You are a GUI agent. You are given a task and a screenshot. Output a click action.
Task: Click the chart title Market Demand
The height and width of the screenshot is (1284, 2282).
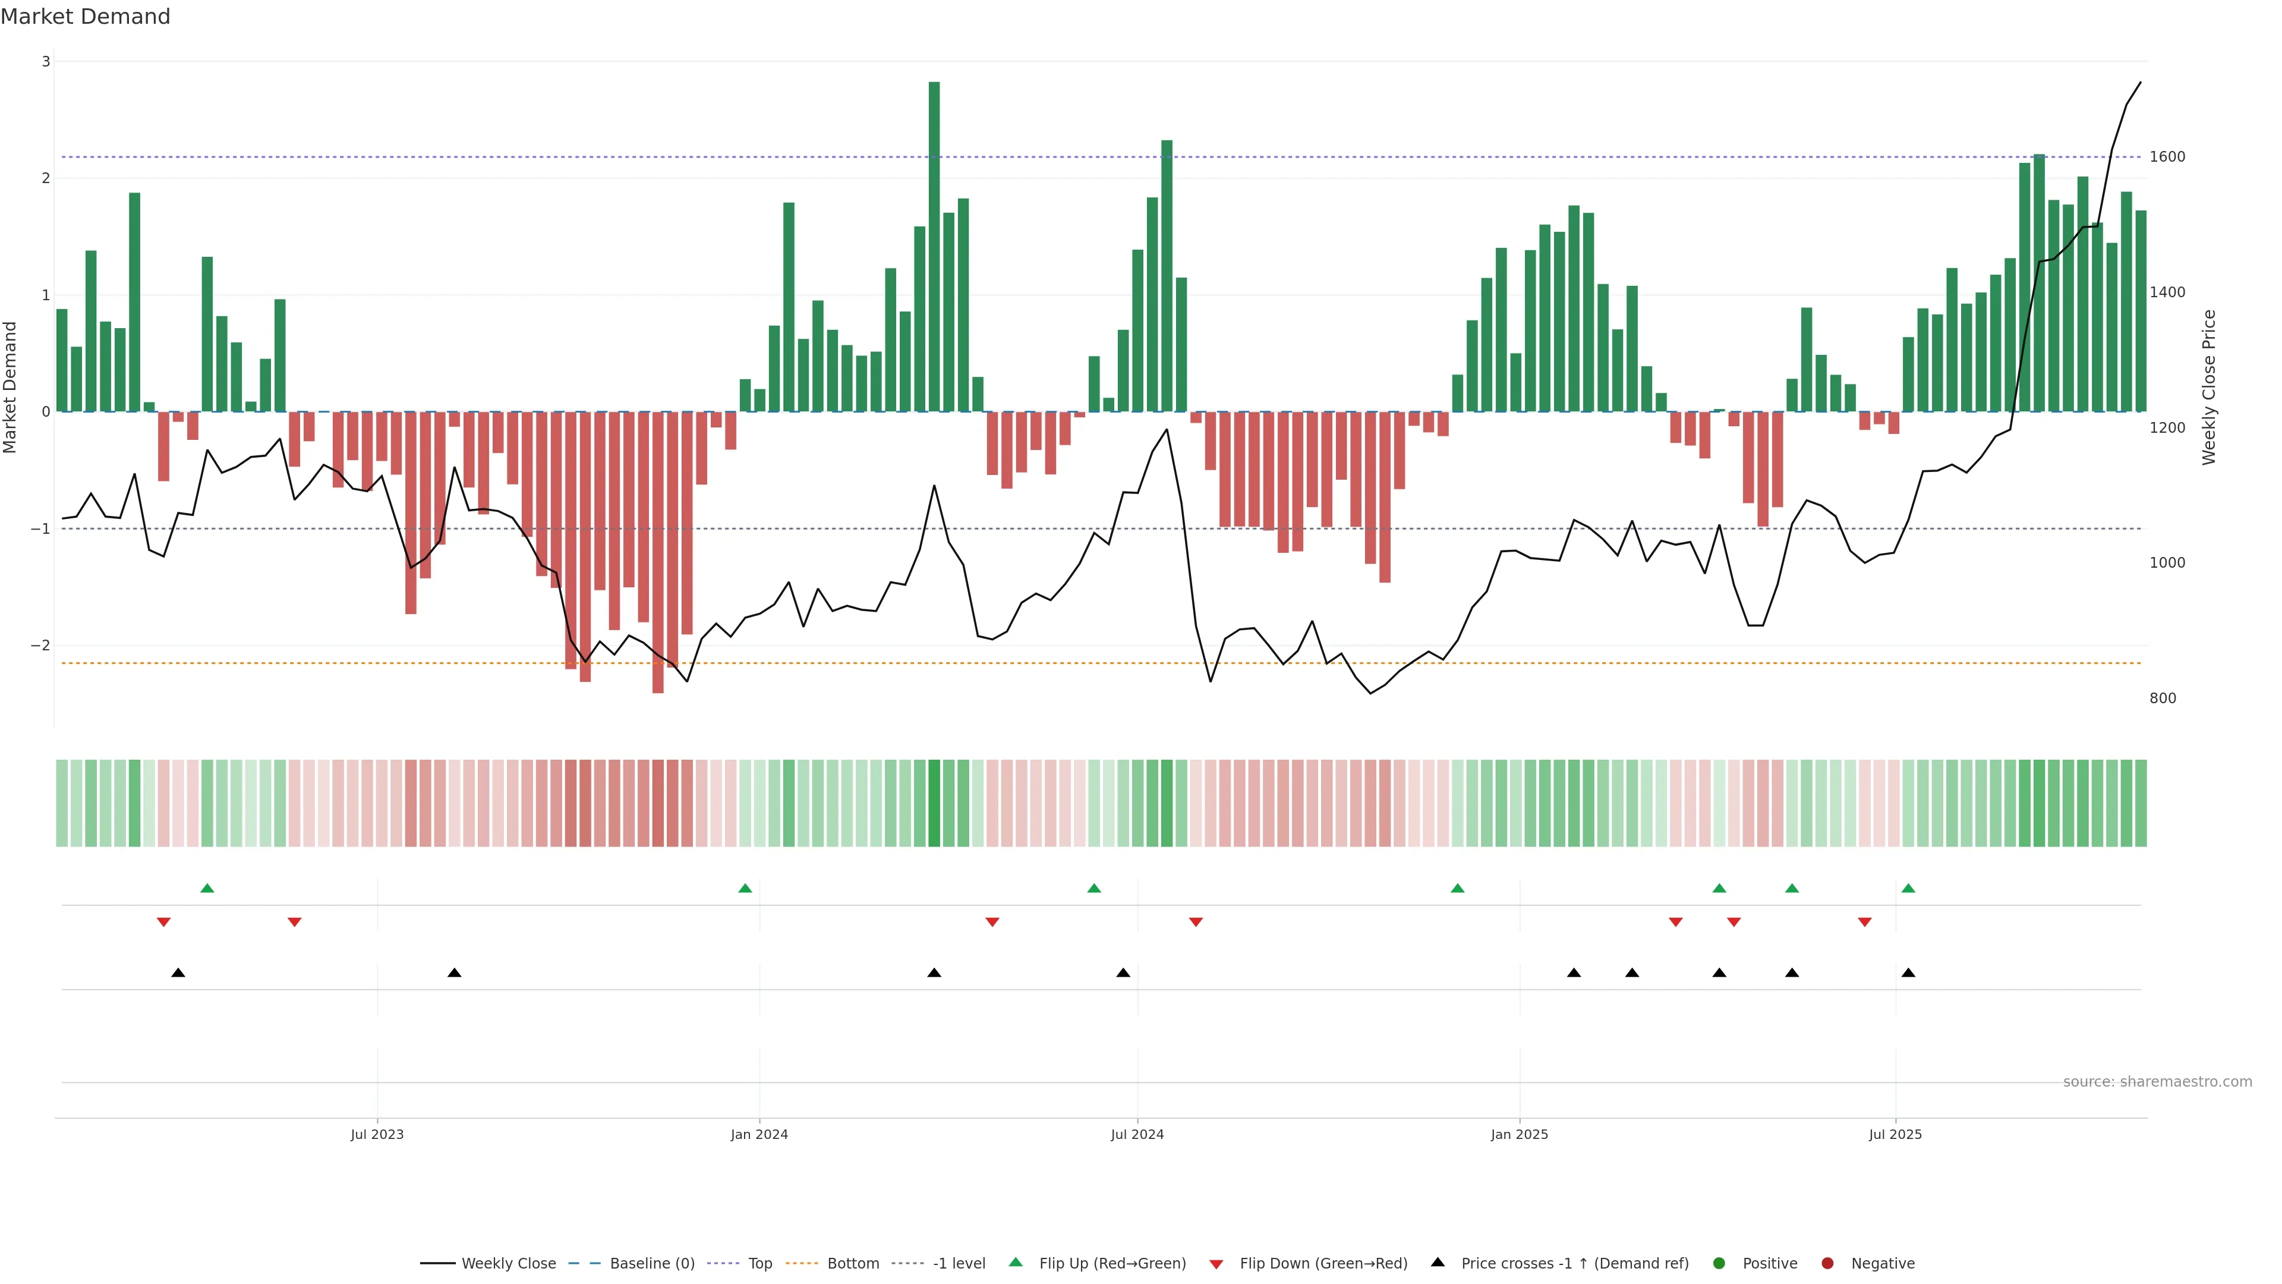[x=85, y=17]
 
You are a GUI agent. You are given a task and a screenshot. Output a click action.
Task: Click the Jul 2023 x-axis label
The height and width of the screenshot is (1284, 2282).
[x=377, y=1134]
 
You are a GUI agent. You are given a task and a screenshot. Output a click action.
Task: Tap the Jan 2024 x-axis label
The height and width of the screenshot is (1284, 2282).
[x=759, y=1134]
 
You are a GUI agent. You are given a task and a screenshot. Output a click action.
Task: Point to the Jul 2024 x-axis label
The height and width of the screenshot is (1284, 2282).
[x=1137, y=1134]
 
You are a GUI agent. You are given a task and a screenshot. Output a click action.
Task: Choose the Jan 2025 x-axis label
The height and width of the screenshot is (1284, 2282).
[x=1520, y=1134]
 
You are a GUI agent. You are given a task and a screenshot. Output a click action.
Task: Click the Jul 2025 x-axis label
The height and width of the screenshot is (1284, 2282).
[x=1895, y=1134]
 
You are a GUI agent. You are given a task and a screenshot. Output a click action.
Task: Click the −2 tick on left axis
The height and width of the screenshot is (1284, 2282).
[x=41, y=645]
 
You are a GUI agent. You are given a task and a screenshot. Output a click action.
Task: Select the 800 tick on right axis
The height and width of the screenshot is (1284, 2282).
[x=2163, y=698]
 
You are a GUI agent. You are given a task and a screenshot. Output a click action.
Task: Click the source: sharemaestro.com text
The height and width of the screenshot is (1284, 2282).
[x=2157, y=1082]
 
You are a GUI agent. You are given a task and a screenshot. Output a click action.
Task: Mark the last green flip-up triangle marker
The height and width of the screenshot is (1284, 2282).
[x=1908, y=888]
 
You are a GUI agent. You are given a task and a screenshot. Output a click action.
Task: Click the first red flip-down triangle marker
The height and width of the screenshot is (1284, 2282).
[x=163, y=923]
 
